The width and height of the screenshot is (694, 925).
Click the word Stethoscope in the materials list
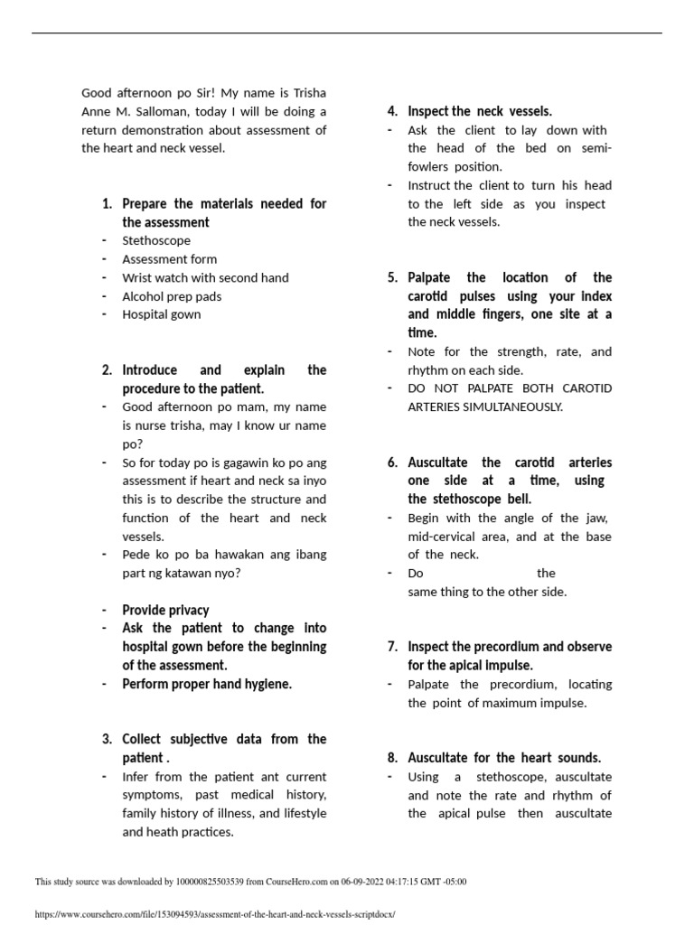coord(156,241)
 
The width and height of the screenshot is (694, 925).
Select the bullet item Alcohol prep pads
coord(172,296)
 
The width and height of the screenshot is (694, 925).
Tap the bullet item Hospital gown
coord(162,314)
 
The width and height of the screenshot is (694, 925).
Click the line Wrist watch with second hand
coord(205,278)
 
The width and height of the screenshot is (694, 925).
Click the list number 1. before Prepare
coord(108,204)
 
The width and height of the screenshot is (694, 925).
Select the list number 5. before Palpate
coord(392,278)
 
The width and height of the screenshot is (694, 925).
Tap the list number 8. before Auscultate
coord(392,758)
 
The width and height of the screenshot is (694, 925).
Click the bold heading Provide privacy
coord(165,610)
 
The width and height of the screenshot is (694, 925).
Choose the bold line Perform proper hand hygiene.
coord(207,684)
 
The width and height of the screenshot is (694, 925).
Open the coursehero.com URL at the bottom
coord(215,914)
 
